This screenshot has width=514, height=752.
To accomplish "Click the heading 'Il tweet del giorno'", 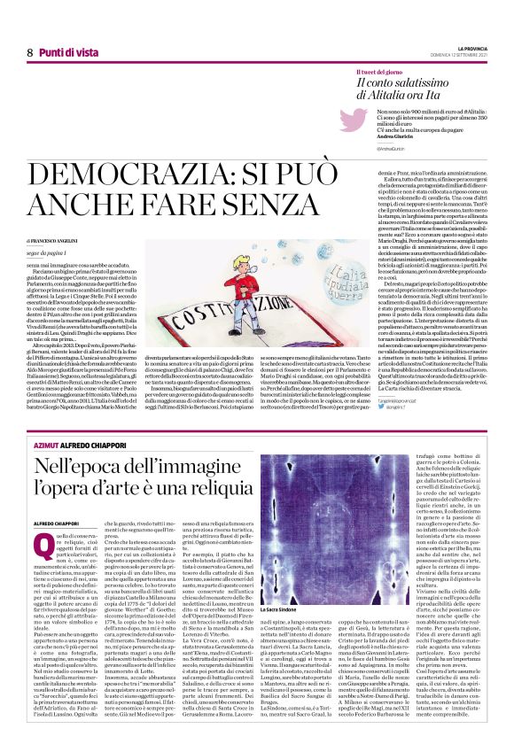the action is (378, 70).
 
